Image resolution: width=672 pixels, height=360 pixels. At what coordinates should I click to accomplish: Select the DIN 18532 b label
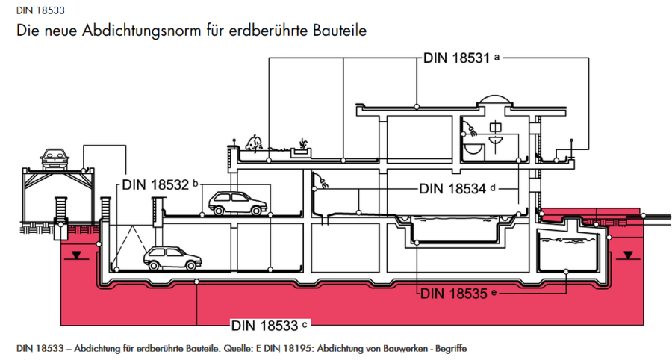pos(158,184)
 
